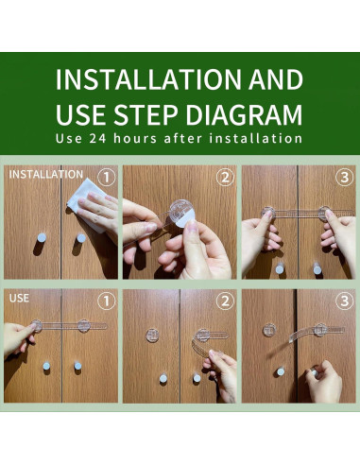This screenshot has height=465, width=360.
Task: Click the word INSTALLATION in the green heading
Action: pos(148,79)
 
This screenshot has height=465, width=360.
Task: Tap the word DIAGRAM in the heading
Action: pos(244,114)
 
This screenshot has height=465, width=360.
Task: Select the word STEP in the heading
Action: pos(146,114)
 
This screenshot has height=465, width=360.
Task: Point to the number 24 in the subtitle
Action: pos(97,139)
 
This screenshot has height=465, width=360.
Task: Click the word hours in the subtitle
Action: pos(135,139)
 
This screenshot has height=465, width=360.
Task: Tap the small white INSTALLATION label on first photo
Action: pos(46,174)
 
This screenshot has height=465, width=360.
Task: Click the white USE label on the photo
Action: pos(19,298)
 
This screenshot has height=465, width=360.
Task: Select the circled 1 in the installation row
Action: pos(106,178)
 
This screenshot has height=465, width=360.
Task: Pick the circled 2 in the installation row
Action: pos(225,178)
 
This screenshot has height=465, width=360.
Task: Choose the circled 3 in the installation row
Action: pos(344,178)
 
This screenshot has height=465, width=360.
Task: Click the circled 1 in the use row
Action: pos(106,301)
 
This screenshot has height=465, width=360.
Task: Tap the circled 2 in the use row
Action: pos(225,301)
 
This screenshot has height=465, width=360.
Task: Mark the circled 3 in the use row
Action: pos(344,301)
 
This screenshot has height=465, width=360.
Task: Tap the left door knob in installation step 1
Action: pos(42,238)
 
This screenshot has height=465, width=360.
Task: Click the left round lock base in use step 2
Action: pos(152,336)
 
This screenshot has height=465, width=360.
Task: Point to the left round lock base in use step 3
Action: pos(269,330)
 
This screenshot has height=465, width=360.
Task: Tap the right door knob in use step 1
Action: pos(77,366)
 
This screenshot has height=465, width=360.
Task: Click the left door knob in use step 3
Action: pos(281,371)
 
